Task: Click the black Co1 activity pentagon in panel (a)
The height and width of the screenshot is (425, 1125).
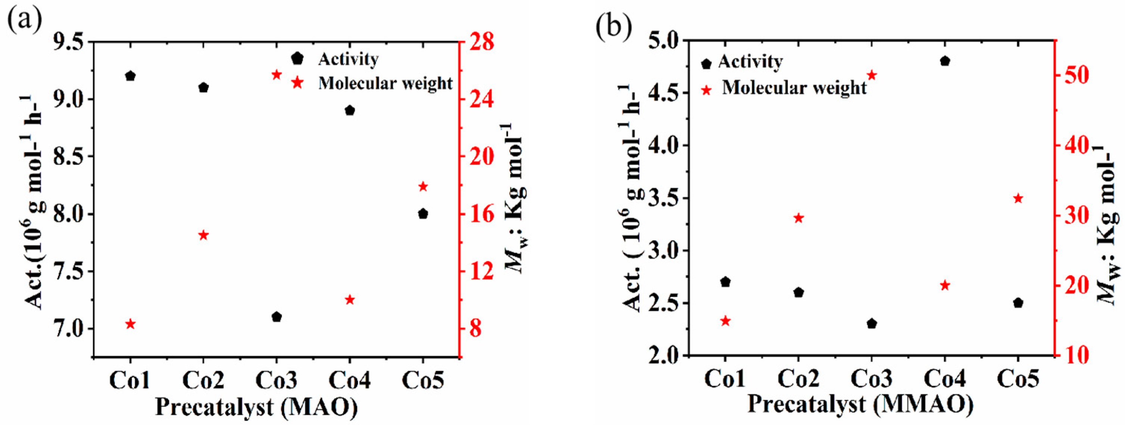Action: click(130, 76)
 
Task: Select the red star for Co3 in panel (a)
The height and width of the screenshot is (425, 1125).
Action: click(276, 75)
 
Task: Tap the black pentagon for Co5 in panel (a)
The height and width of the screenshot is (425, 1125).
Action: click(423, 213)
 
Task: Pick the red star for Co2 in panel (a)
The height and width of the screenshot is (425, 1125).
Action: click(203, 235)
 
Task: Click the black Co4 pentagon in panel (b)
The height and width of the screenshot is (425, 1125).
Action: click(945, 61)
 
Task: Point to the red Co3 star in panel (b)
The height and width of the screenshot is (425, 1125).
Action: click(872, 75)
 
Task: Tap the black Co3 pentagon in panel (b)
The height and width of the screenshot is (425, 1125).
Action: click(872, 323)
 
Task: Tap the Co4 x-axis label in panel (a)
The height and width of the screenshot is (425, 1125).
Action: click(349, 379)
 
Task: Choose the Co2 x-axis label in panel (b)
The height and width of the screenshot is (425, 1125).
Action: click(799, 378)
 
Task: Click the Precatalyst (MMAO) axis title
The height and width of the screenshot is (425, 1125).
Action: click(860, 404)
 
